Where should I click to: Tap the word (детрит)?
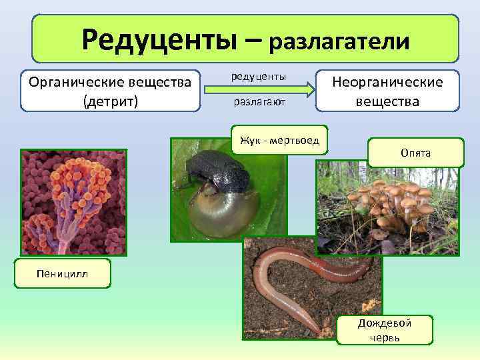tap(111, 102)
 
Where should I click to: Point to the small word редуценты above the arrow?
tap(259, 77)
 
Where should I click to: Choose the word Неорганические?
tap(387, 82)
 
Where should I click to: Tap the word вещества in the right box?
tap(387, 101)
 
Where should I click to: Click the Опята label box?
tap(415, 153)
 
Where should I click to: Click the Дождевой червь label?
tap(384, 329)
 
